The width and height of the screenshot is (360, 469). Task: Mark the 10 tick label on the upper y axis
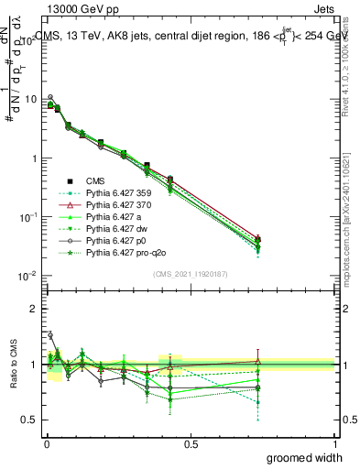31,99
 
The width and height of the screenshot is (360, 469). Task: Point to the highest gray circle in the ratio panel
50,335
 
